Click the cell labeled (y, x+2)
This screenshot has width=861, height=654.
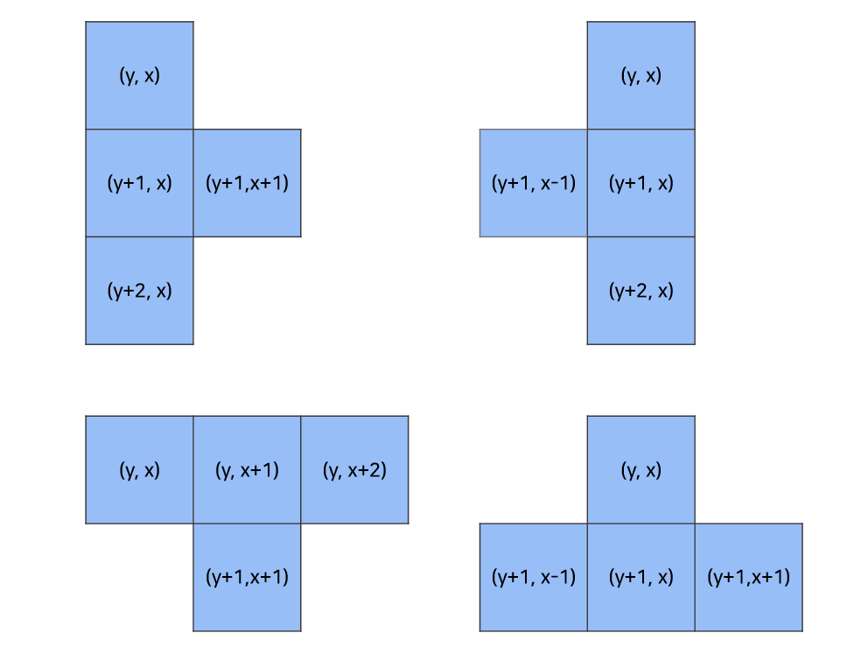coord(354,470)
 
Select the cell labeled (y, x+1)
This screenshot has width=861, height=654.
coord(247,470)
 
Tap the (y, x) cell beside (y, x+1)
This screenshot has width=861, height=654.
coord(139,470)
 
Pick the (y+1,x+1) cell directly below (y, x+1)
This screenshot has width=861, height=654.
coord(247,578)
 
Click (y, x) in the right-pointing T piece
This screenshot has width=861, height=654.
coord(139,75)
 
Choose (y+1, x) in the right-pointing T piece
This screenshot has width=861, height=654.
coord(139,183)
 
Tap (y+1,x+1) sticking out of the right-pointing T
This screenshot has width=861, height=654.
coord(247,183)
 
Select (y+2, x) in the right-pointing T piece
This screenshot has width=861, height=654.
coord(139,291)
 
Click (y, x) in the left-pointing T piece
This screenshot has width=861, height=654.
coord(641,75)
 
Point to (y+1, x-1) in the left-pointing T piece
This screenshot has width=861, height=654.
coord(534,183)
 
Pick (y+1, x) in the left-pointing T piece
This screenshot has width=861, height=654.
coord(641,183)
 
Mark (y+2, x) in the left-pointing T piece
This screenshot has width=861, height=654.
coord(641,291)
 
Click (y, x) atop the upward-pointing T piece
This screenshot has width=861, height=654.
coord(641,470)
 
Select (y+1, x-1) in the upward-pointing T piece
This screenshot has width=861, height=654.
coord(534,578)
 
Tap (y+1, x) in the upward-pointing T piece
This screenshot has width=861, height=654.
coord(641,578)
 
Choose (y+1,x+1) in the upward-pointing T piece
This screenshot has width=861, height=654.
coord(749,578)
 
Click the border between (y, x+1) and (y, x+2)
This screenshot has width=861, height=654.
coord(301,470)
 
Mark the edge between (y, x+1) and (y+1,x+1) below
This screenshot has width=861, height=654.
coord(247,524)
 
